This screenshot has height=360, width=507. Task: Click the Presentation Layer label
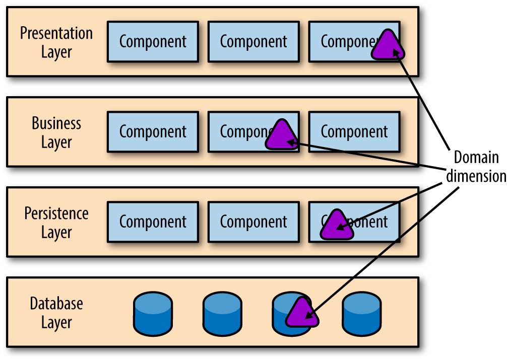click(x=56, y=42)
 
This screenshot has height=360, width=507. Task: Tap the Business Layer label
click(x=56, y=132)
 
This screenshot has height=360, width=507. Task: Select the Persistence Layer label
click(x=56, y=223)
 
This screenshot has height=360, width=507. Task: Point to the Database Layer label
click(x=56, y=313)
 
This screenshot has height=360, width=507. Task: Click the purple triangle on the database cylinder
click(x=302, y=313)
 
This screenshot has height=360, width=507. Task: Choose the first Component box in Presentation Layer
click(x=153, y=41)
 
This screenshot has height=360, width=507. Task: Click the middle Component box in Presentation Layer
click(x=254, y=41)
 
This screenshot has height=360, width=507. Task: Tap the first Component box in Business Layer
click(x=153, y=132)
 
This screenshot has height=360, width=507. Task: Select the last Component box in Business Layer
click(x=354, y=132)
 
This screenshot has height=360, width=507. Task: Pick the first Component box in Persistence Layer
click(x=153, y=222)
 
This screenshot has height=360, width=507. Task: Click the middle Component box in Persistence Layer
click(x=254, y=222)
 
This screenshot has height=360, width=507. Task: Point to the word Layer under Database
click(x=56, y=322)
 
